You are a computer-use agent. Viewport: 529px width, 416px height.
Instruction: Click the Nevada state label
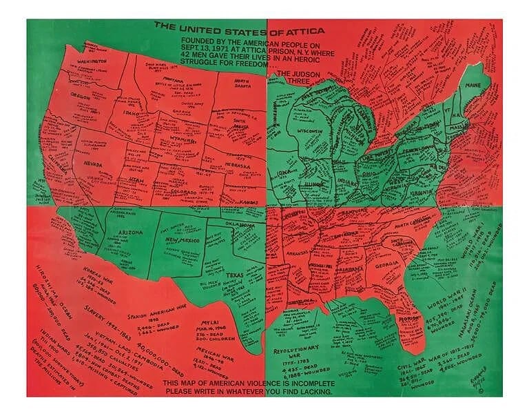pyautogui.click(x=93, y=164)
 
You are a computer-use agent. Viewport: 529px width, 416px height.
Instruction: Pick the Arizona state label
pyautogui.click(x=131, y=233)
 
